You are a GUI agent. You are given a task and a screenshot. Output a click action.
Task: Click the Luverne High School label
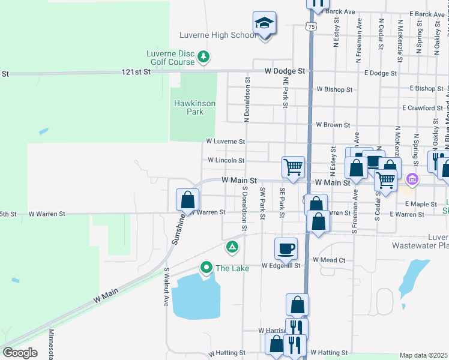pyautogui.click(x=218, y=35)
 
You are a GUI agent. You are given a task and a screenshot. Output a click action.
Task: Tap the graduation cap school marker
pyautogui.click(x=264, y=25)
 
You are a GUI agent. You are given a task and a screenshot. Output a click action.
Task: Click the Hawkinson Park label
pyautogui.click(x=194, y=107)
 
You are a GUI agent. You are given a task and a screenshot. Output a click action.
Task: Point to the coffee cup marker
pyautogui.click(x=286, y=248)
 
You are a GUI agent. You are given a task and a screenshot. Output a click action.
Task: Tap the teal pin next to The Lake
pyautogui.click(x=206, y=267)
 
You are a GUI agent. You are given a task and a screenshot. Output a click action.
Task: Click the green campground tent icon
pyautogui.click(x=232, y=247)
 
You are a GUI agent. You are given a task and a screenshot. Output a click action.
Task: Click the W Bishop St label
pyautogui.click(x=334, y=90)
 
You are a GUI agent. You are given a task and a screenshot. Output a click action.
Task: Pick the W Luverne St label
pyautogui.click(x=225, y=142)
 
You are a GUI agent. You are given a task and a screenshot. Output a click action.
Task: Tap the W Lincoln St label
pyautogui.click(x=226, y=161)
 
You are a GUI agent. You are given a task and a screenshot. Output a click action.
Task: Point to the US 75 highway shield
pyautogui.click(x=310, y=26)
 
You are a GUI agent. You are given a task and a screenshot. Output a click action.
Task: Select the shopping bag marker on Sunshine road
pyautogui.click(x=187, y=199)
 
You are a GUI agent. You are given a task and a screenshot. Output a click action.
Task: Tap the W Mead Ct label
pyautogui.click(x=330, y=260)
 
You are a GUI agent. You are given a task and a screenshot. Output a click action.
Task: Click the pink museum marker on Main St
pyautogui.click(x=412, y=179)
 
